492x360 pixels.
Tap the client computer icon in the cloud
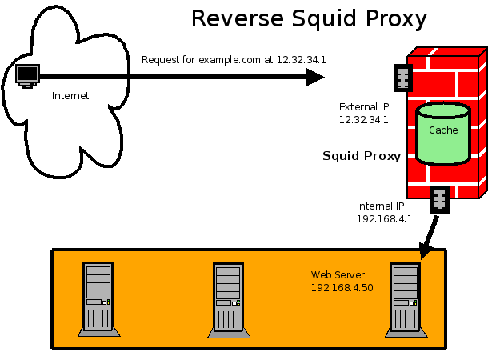click(x=28, y=76)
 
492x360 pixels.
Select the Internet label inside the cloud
click(x=70, y=96)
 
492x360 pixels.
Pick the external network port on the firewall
click(x=402, y=77)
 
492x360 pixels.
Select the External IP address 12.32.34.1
click(x=364, y=120)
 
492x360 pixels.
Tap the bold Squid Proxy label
click(x=361, y=156)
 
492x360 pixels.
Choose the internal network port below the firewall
click(x=439, y=199)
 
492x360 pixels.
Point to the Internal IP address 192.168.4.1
click(x=384, y=218)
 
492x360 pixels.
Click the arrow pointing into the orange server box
click(x=427, y=238)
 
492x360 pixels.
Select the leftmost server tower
click(x=100, y=297)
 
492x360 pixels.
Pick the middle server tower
click(x=228, y=297)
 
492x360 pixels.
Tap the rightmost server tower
click(x=405, y=297)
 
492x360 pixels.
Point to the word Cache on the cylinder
click(x=443, y=130)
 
